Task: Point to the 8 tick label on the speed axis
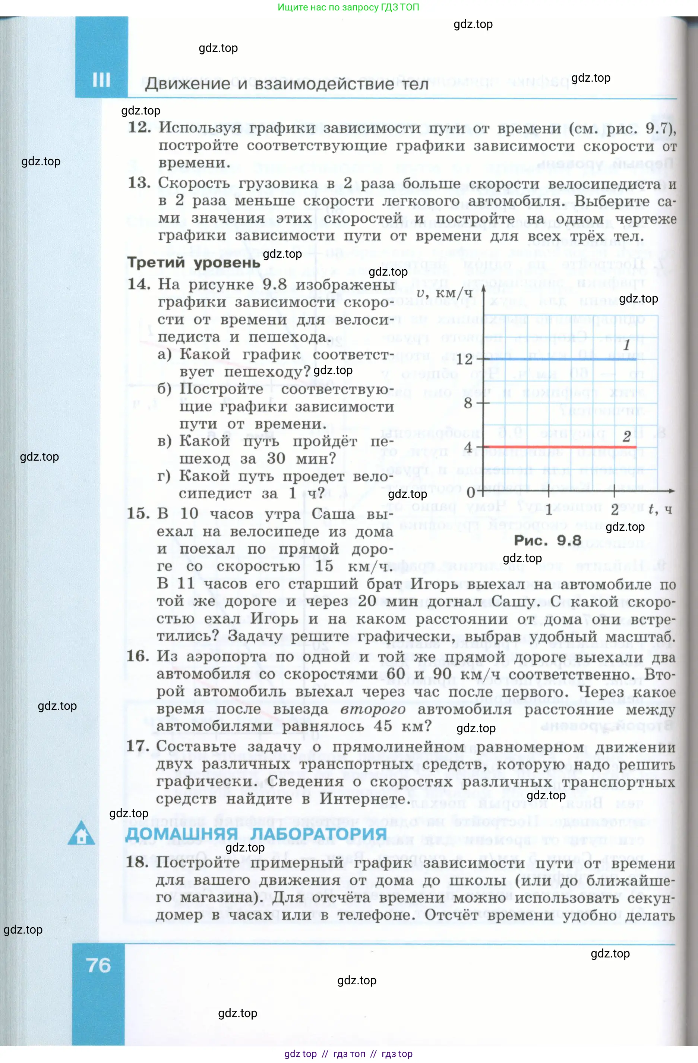pos(468,403)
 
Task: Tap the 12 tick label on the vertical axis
pos(464,360)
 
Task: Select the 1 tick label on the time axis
pos(549,509)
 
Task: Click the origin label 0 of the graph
pos(471,493)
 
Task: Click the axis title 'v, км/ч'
pos(444,293)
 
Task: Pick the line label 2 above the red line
pos(626,436)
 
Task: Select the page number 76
pos(99,966)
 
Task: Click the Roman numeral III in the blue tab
pos(101,81)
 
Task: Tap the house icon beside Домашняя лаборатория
pos(81,833)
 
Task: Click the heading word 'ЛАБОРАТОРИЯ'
pos(318,834)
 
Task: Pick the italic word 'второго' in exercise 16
pos(373,709)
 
